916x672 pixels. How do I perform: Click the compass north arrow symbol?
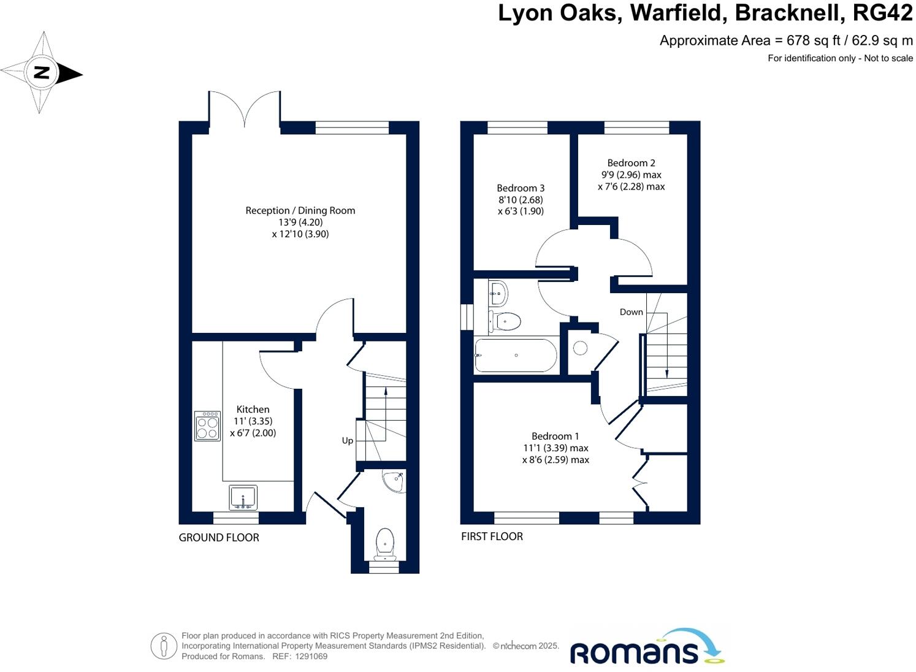42,73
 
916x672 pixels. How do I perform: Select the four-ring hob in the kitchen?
207,426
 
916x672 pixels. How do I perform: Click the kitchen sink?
243,497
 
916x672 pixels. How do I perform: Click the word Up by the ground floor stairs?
347,440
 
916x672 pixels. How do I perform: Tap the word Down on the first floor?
631,311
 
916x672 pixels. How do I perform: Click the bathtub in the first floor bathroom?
516,356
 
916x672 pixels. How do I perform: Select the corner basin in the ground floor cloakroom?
392,481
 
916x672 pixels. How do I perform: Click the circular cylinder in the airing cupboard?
580,348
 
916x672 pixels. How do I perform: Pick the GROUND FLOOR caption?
219,538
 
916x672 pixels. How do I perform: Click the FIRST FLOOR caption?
492,536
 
